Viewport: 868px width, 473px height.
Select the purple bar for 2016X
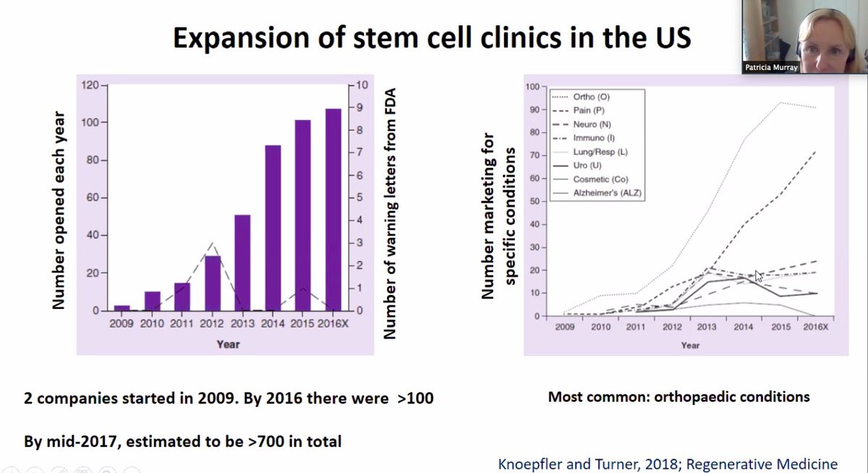(332, 210)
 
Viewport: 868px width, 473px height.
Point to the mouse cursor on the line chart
(758, 276)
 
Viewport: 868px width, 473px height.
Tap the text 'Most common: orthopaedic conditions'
(678, 396)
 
